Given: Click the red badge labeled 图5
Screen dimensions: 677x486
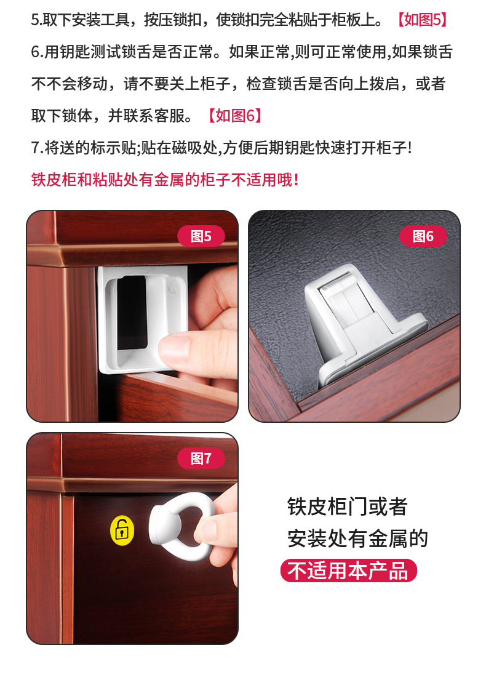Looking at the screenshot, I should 201,236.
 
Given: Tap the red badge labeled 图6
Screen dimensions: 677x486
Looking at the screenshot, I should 423,236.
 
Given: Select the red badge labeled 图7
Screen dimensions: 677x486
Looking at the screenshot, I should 201,459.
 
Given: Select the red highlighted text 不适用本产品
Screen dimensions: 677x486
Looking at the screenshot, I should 348,571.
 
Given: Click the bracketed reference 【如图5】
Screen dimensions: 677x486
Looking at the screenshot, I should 422,20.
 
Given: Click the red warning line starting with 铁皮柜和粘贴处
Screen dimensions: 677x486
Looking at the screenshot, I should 165,180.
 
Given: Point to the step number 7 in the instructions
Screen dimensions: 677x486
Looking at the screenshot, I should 35,148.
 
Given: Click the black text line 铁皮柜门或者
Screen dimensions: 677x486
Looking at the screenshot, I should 347,507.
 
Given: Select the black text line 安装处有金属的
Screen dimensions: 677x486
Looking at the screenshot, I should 357,539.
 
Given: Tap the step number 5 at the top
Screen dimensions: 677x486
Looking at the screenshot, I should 35,20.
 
